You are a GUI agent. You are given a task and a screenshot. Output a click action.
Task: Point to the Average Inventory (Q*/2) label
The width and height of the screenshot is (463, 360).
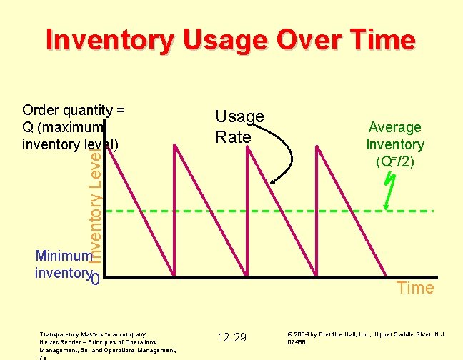394,144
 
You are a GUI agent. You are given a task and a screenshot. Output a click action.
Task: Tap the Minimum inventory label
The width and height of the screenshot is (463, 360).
63,264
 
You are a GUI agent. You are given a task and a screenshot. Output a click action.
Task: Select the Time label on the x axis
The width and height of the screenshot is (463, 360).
415,288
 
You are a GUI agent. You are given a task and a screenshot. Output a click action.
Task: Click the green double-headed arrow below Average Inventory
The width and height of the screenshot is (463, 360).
387,191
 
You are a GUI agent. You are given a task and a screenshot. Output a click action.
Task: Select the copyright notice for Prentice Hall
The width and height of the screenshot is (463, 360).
366,337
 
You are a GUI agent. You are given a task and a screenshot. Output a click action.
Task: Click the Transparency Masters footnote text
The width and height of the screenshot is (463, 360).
108,342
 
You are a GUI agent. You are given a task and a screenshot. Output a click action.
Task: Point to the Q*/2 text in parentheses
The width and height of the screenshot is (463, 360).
394,161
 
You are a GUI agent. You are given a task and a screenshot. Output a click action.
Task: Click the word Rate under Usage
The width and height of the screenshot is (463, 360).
234,136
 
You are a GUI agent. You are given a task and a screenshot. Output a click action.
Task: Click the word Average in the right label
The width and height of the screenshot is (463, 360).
394,127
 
